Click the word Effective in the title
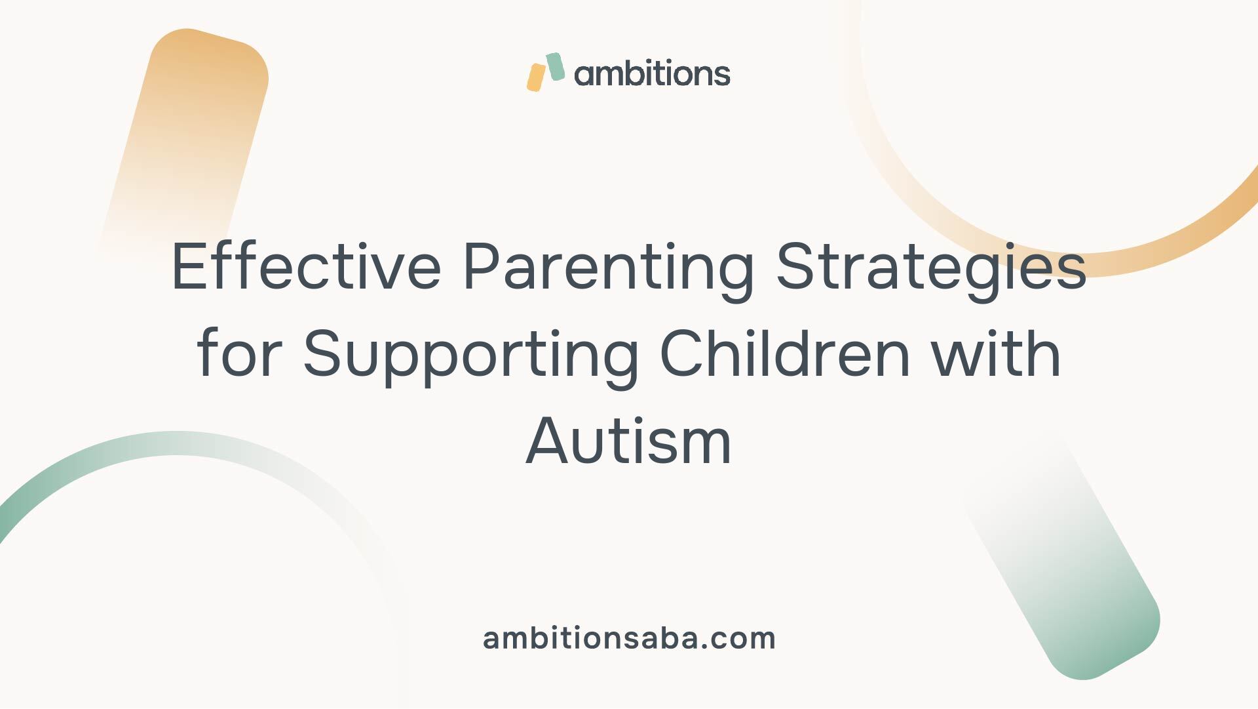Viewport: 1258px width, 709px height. pyautogui.click(x=307, y=266)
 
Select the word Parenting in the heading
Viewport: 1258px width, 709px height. pyautogui.click(x=609, y=272)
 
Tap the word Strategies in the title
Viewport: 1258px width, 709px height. pyautogui.click(x=931, y=272)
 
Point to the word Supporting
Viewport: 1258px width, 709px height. pyautogui.click(x=470, y=359)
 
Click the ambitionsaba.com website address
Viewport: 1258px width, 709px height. pyautogui.click(x=629, y=638)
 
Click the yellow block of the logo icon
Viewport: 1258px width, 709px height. pyautogui.click(x=536, y=77)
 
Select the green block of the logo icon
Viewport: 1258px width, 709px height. pyautogui.click(x=556, y=67)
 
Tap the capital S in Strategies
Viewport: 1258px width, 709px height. pyautogui.click(x=795, y=266)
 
